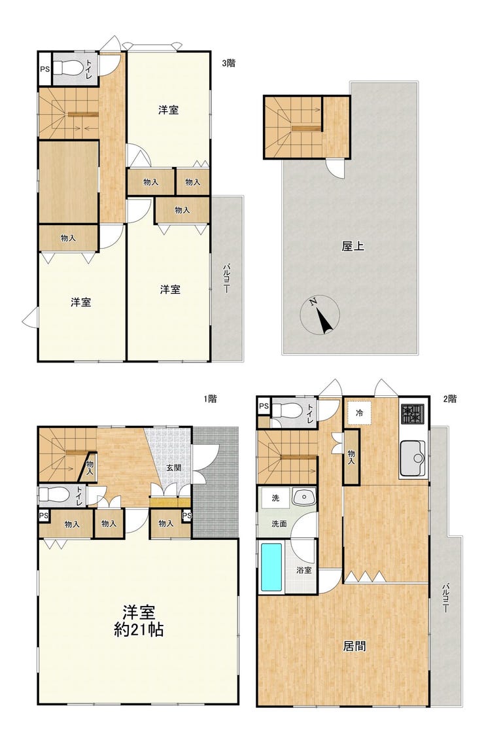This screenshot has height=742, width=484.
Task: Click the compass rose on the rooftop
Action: click(320, 315)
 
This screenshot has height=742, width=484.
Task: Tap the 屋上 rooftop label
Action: click(353, 246)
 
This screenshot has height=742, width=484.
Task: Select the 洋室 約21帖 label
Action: click(139, 621)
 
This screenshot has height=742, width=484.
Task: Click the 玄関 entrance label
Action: click(172, 468)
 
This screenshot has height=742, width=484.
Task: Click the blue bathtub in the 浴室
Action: click(271, 567)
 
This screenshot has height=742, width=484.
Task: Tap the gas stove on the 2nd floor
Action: click(413, 414)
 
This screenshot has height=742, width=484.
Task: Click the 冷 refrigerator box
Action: click(360, 413)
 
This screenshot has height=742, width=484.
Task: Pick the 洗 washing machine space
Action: click(275, 498)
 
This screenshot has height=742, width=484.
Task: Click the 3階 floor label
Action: click(228, 63)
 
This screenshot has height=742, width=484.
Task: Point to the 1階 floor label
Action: click(210, 399)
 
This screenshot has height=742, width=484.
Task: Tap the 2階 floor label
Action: click(450, 399)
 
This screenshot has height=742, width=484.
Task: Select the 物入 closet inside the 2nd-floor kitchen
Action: click(351, 457)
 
